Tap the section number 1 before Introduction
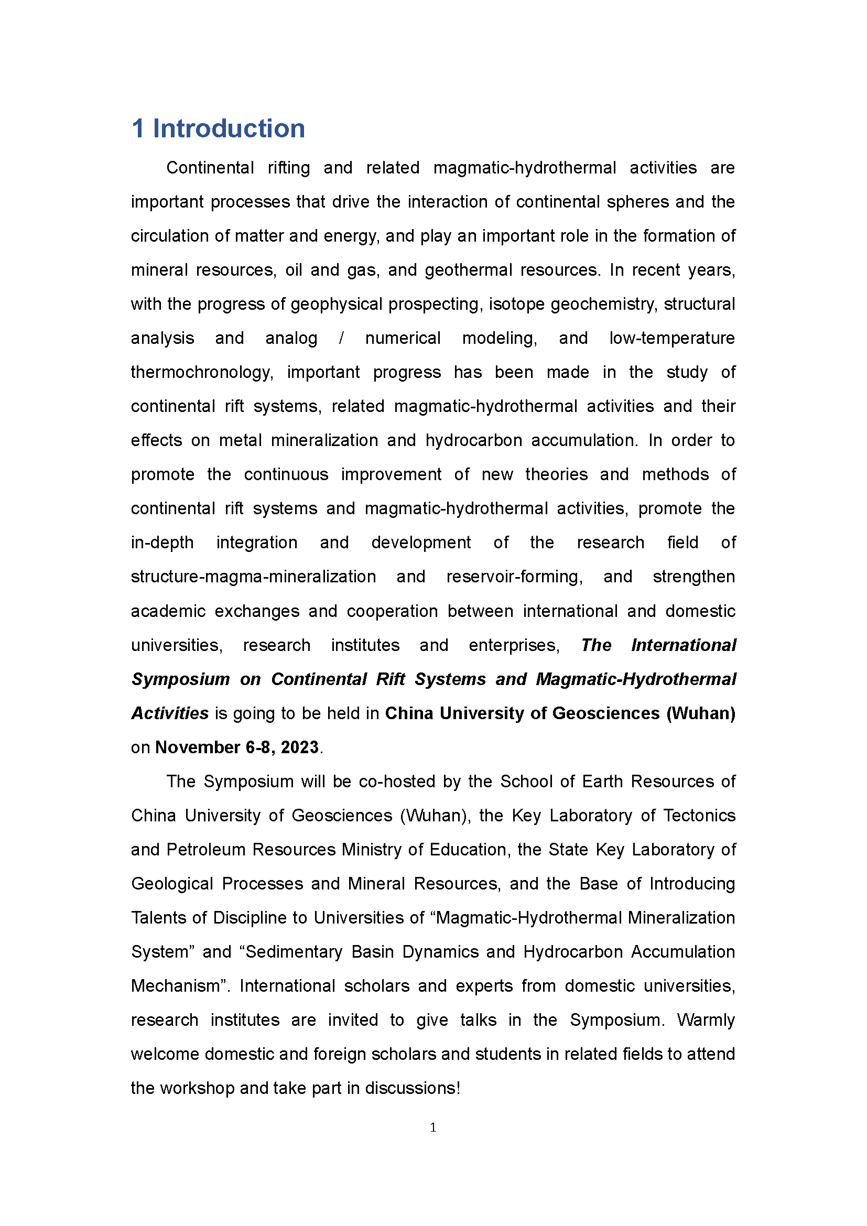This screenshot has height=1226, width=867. click(x=138, y=129)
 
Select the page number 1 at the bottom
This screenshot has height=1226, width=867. click(x=433, y=1127)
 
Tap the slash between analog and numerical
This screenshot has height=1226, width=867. click(x=341, y=338)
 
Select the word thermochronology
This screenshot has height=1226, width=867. click(x=202, y=372)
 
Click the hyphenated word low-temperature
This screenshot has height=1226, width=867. click(x=671, y=338)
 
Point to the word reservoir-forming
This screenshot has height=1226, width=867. click(x=515, y=577)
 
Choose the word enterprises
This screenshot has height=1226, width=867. click(x=514, y=645)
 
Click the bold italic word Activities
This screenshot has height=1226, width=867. click(x=170, y=713)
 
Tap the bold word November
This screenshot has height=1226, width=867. click(x=198, y=747)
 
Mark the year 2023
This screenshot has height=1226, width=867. click(x=299, y=747)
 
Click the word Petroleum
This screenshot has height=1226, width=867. click(x=205, y=850)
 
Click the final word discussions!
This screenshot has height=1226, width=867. click(x=412, y=1088)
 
